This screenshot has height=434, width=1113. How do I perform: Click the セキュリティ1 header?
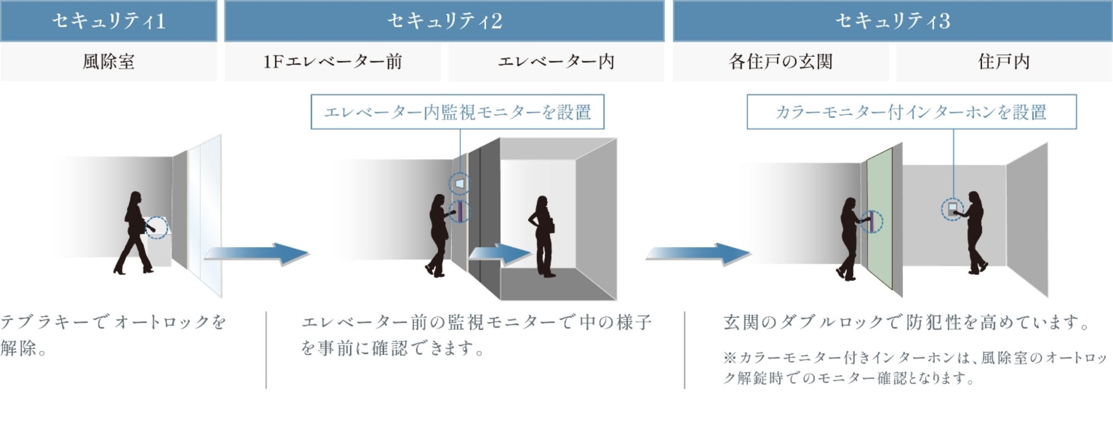[x=109, y=21]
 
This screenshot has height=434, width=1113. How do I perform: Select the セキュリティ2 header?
[x=444, y=21]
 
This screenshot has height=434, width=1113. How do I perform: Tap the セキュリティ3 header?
[x=893, y=21]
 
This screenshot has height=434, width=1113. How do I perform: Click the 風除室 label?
[x=109, y=62]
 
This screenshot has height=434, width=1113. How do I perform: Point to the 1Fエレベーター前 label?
[x=332, y=62]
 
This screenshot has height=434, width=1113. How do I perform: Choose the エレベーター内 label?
[x=556, y=62]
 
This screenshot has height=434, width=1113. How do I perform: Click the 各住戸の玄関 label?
[x=781, y=62]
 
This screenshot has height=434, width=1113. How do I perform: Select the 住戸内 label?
[x=1004, y=62]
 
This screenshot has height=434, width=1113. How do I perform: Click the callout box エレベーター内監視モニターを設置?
[x=457, y=112]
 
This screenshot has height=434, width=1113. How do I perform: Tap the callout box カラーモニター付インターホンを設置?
[x=912, y=112]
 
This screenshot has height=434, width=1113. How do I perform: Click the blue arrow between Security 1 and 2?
[x=257, y=254]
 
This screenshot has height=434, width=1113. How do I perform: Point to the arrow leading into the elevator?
[x=500, y=254]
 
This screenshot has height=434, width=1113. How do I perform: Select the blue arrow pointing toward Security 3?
[x=698, y=254]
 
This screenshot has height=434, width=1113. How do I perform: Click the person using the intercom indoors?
[x=975, y=233]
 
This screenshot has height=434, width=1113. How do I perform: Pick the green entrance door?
[x=880, y=218]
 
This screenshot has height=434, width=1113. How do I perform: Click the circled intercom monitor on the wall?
[x=952, y=209]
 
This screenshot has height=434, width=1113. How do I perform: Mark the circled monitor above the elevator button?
[x=460, y=184]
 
